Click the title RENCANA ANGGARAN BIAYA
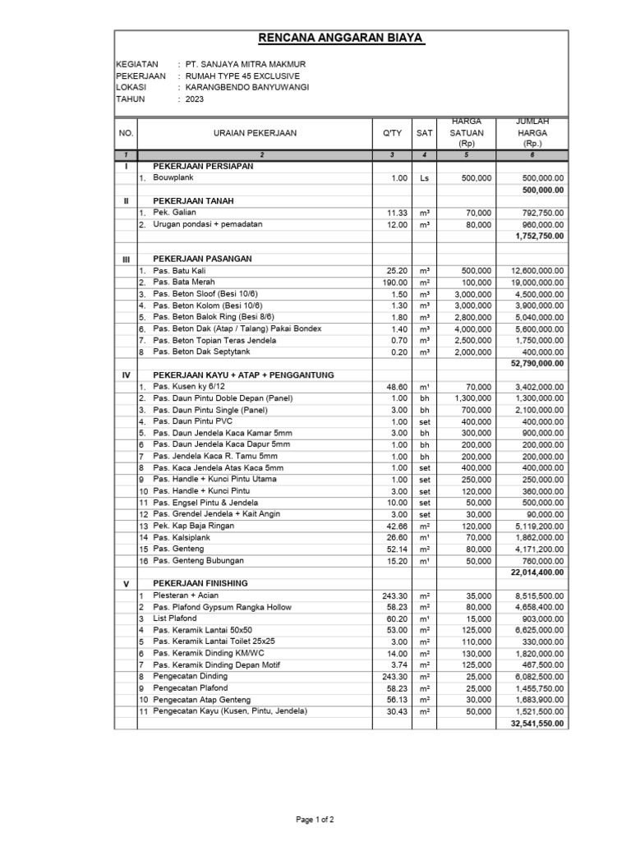[x=341, y=39]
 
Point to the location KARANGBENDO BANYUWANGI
[x=246, y=87]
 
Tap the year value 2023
[x=195, y=99]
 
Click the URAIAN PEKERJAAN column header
[x=255, y=132]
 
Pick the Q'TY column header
[x=392, y=132]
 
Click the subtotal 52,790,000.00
[x=537, y=363]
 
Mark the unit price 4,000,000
[x=472, y=329]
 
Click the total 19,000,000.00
[x=537, y=283]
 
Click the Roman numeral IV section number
[x=127, y=375]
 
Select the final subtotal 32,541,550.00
[x=537, y=724]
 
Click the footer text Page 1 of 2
[x=315, y=819]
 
